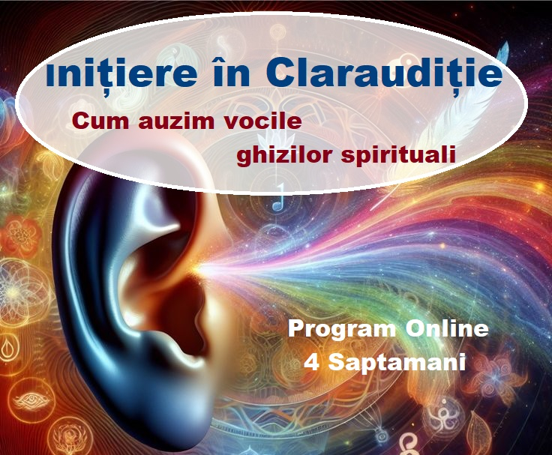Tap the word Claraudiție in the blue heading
383,75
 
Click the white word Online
447,328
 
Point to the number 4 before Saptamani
311,362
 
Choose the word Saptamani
397,363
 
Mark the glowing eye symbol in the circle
31,400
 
